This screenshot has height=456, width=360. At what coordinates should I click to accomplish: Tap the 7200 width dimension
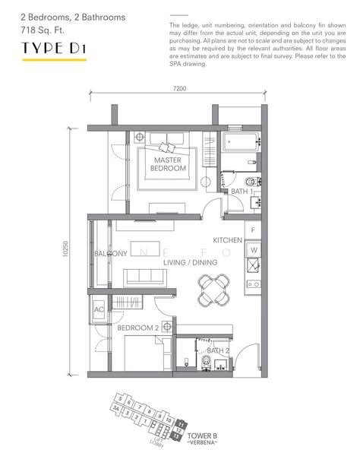[x=179, y=89]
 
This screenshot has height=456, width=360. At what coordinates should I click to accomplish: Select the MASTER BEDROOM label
[x=169, y=165]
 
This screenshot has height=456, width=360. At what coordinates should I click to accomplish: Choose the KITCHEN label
[x=227, y=240]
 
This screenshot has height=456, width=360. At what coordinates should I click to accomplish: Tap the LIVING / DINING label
[x=190, y=262]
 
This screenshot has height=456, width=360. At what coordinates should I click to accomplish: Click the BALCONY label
[x=110, y=253]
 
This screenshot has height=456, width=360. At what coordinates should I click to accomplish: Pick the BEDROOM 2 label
[x=137, y=328]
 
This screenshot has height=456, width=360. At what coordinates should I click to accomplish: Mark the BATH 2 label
[x=218, y=350]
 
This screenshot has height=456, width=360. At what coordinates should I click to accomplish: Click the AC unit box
[x=99, y=310]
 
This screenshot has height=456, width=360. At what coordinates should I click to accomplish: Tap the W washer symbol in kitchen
[x=253, y=249]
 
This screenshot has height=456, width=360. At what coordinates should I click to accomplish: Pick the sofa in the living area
[x=145, y=275]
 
